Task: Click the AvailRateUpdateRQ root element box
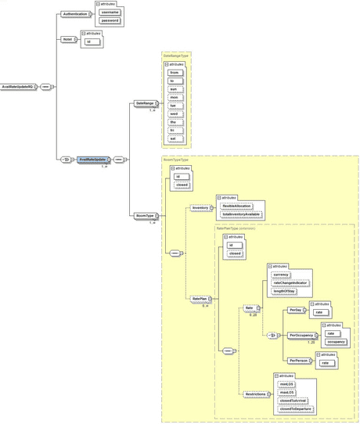19,85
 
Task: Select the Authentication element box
74,14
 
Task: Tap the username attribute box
110,13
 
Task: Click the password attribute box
110,20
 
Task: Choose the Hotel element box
67,38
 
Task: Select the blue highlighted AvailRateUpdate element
92,159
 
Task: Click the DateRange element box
145,103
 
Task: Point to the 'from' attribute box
175,73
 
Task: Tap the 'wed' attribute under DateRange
175,113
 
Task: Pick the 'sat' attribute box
175,138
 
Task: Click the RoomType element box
144,214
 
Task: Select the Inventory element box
200,208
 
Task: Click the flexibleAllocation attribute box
237,207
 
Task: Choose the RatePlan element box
200,298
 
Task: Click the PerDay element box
295,310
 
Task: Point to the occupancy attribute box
336,342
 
